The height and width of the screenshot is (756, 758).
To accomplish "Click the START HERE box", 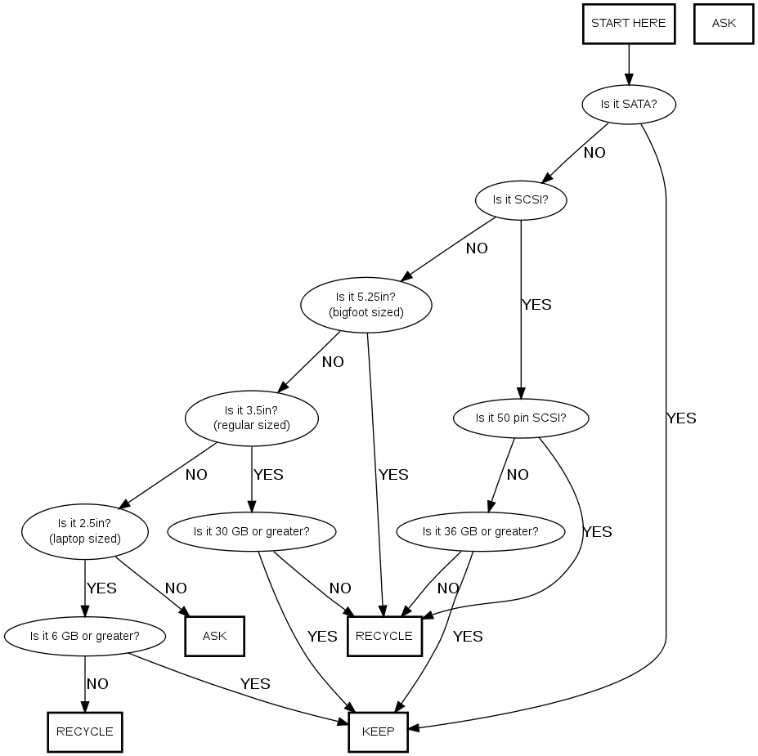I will coord(628,23).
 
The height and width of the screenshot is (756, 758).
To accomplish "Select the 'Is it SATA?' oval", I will coord(629,104).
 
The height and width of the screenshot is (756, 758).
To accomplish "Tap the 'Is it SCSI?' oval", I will coord(520,199).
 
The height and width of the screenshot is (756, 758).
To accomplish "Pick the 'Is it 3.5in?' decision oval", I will coord(251,418).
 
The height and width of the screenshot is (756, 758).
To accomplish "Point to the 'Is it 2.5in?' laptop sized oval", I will coord(85,531).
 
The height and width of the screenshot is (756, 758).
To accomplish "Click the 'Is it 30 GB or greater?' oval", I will coord(251,531).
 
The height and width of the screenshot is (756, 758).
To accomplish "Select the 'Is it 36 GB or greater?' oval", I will coord(480,531).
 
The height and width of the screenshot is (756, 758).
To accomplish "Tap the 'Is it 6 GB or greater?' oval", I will coord(84,636).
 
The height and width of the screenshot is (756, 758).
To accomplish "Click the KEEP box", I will coord(378,731).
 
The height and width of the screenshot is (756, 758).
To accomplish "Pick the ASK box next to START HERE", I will coord(724,23).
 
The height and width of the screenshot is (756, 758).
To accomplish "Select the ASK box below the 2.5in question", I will coord(214,636).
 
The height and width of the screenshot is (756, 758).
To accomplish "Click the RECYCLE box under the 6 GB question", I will coord(84,731).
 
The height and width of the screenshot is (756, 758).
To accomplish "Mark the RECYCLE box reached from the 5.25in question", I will coord(384,636).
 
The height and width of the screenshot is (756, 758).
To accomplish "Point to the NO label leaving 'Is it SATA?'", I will coord(594,153).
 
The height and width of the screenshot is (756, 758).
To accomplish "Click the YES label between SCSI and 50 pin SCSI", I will coord(536,305).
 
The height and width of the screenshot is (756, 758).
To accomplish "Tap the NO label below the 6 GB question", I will coord(97,684).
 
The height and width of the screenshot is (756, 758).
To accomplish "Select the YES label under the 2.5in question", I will coord(101,588).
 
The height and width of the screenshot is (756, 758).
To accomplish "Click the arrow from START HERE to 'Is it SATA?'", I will coord(629,65).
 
